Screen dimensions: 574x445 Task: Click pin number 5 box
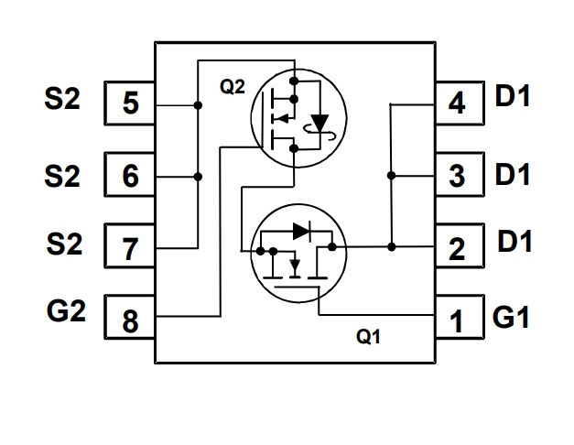pyautogui.click(x=130, y=103)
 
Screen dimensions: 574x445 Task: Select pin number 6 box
pyautogui.click(x=130, y=175)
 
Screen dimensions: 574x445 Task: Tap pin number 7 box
pyautogui.click(x=130, y=245)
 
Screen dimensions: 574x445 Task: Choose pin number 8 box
pyautogui.click(x=130, y=317)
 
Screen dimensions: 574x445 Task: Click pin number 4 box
pyautogui.click(x=460, y=103)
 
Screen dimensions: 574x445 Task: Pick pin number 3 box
pyautogui.click(x=460, y=175)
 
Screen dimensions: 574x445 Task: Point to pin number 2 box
pyautogui.click(x=460, y=245)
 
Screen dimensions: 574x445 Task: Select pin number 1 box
pyautogui.click(x=460, y=317)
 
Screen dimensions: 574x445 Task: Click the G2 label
pyautogui.click(x=66, y=311)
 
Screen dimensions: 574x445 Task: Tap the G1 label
pyautogui.click(x=511, y=317)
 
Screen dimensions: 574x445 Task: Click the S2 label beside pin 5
pyautogui.click(x=62, y=99)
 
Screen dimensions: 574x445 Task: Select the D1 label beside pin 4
pyautogui.click(x=513, y=95)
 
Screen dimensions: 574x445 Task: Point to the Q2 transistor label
pyautogui.click(x=233, y=87)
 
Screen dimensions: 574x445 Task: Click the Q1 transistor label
pyautogui.click(x=368, y=336)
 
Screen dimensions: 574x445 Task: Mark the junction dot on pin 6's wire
pyautogui.click(x=198, y=177)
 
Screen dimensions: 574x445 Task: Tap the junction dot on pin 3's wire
pyautogui.click(x=391, y=176)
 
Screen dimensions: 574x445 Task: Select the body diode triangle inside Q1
pyautogui.click(x=301, y=231)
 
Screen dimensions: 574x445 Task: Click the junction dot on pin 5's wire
pyautogui.click(x=198, y=105)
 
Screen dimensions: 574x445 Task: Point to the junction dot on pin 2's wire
pyautogui.click(x=391, y=247)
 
